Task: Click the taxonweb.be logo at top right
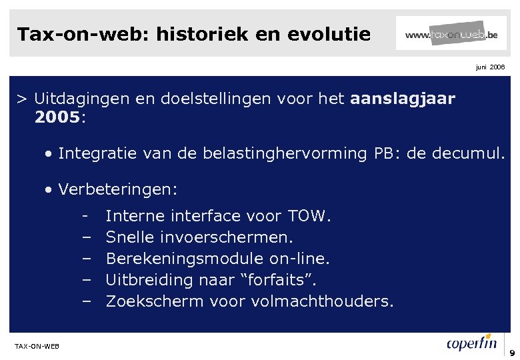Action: tap(451, 33)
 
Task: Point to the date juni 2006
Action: tap(491, 67)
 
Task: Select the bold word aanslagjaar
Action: tap(402, 99)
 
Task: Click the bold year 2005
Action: tap(57, 118)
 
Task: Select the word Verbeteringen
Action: tap(117, 189)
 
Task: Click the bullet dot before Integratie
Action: tap(50, 154)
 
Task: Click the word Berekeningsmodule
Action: tap(185, 259)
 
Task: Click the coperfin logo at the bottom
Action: tap(471, 344)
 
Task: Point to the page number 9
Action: tap(512, 353)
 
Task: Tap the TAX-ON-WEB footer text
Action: tap(37, 346)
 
